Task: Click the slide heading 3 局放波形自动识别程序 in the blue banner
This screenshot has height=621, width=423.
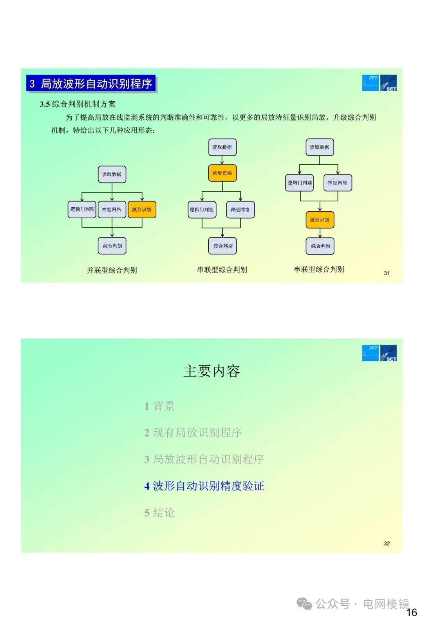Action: pos(91,84)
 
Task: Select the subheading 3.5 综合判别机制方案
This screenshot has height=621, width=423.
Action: pos(78,104)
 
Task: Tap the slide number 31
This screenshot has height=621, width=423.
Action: pos(387,273)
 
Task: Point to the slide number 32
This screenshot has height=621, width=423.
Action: pos(387,544)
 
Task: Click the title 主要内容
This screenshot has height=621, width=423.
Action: pos(211,371)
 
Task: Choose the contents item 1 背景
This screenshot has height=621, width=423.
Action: pos(159,406)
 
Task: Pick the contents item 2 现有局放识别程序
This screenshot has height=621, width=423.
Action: pos(193,433)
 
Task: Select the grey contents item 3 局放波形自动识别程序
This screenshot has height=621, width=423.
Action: pos(204,459)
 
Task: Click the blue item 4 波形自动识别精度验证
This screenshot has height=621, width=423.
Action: pos(204,486)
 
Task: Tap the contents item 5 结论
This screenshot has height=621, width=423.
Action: pos(159,513)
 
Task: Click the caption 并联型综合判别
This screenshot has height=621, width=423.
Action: pos(112,270)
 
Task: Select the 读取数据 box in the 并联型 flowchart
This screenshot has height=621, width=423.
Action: pos(112,174)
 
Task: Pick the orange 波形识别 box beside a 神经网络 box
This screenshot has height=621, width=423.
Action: pos(142,210)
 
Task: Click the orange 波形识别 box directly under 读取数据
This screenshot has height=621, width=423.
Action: pos(222,173)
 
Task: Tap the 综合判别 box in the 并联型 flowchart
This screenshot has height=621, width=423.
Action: pos(112,246)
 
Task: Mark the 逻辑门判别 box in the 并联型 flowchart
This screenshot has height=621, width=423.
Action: pos(82,210)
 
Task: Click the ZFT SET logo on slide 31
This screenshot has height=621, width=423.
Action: pos(379,83)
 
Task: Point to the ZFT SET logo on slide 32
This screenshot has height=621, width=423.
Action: pos(379,353)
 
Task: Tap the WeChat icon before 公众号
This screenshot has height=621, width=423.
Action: pos(304,604)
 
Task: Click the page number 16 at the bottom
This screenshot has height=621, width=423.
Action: pos(411,612)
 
